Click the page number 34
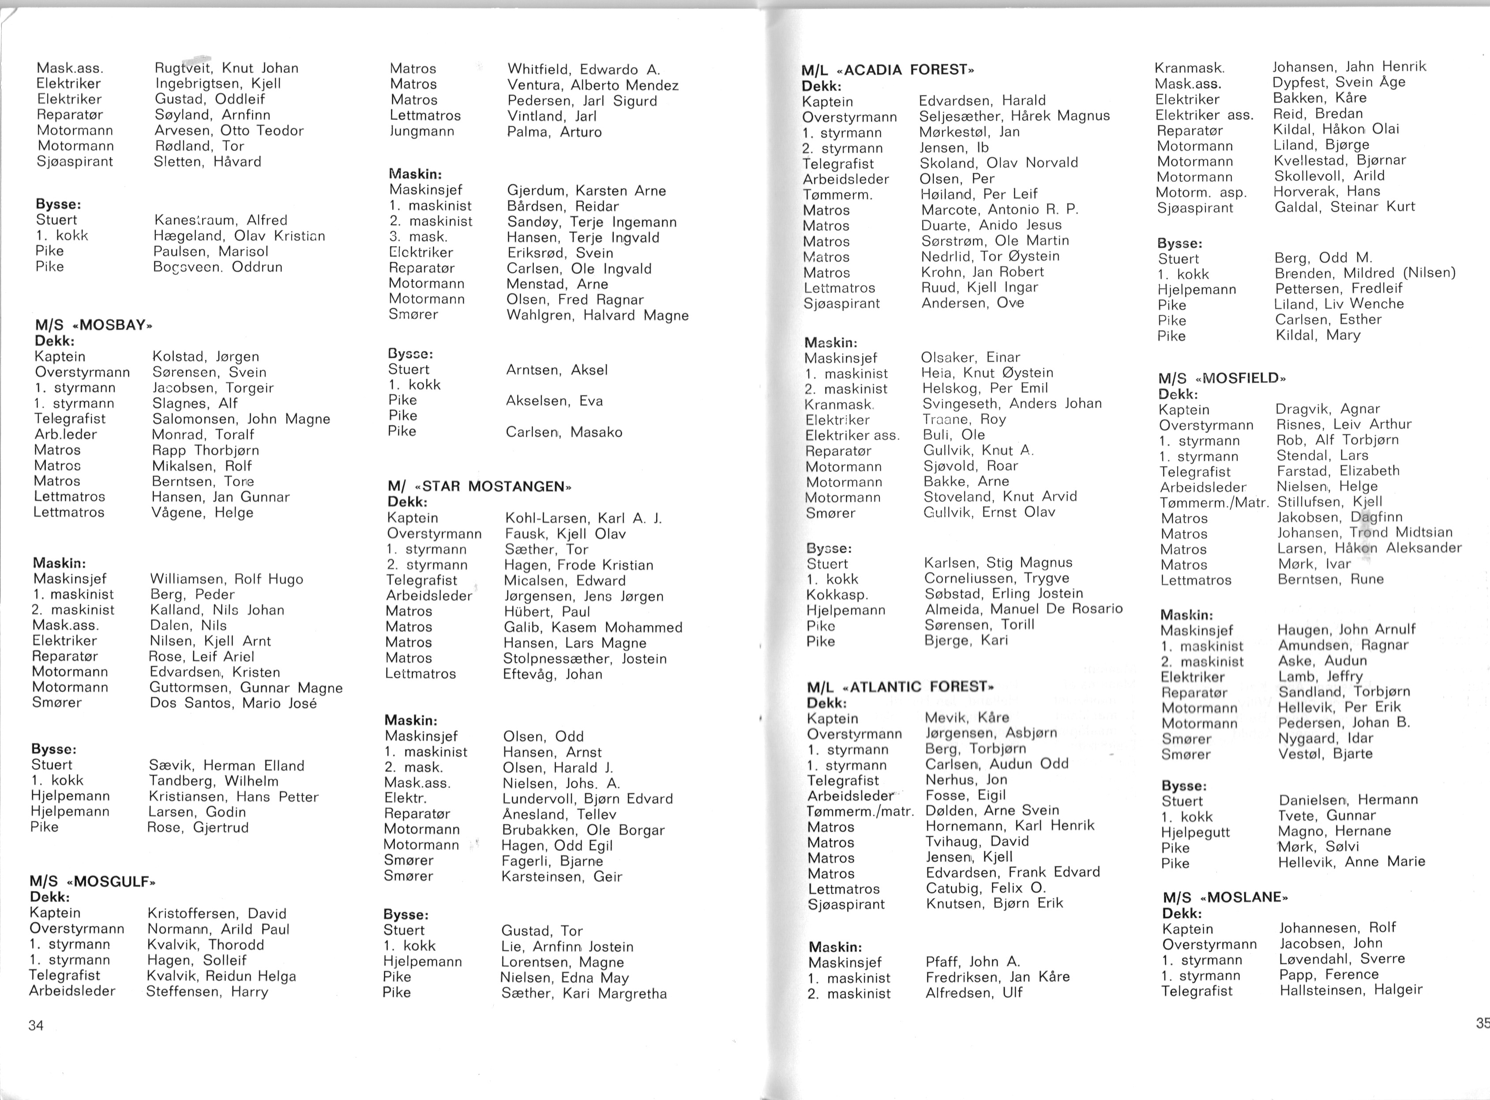pos(36,1025)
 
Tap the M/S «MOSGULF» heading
pos(93,882)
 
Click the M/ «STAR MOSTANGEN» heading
pos(479,486)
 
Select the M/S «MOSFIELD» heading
pos(1222,378)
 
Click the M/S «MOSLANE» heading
pos(1225,897)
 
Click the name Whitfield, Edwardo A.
pos(583,69)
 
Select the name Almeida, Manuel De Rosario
pos(1023,608)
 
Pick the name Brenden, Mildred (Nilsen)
pos(1365,273)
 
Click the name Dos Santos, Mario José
pos(233,703)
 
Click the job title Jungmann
pos(422,131)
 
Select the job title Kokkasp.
pos(837,595)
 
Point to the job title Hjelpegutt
pos(1196,832)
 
